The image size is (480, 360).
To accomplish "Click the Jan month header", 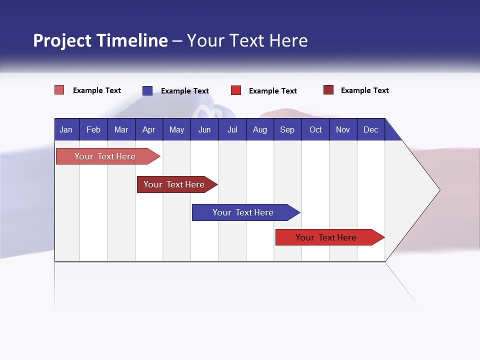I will [x=66, y=129].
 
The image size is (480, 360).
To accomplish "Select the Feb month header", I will [x=93, y=129].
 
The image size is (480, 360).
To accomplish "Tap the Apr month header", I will [x=148, y=129].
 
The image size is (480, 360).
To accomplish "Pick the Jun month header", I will [x=204, y=129].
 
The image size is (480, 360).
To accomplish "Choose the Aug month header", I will [x=259, y=129].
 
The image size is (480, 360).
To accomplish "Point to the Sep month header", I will [x=287, y=129].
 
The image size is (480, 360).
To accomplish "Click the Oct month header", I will [x=315, y=129].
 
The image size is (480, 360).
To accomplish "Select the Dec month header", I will [x=370, y=129].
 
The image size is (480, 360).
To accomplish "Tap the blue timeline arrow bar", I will [x=243, y=212].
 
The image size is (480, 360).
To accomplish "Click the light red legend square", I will [x=59, y=90].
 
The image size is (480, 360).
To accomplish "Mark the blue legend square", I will [x=147, y=90].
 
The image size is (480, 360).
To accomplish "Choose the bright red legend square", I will [x=236, y=90].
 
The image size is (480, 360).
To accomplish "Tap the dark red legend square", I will [x=328, y=90].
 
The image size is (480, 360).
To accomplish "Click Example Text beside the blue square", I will [x=184, y=91].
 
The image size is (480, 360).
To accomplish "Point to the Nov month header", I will [x=342, y=129].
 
